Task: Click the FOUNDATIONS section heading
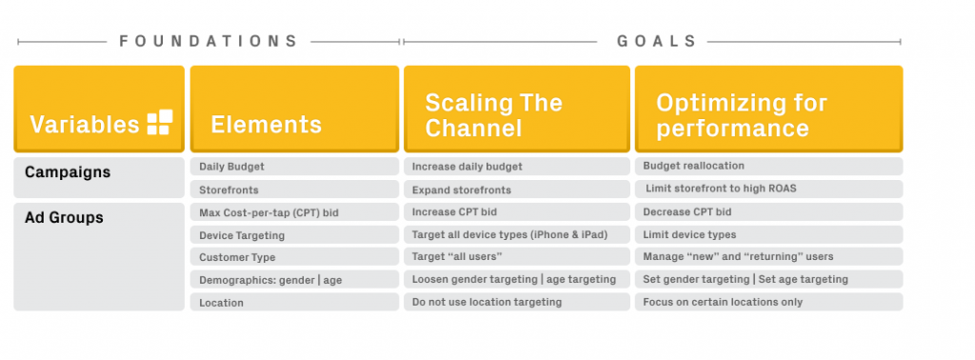209,42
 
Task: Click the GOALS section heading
657,42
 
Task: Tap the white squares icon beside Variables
159,123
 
